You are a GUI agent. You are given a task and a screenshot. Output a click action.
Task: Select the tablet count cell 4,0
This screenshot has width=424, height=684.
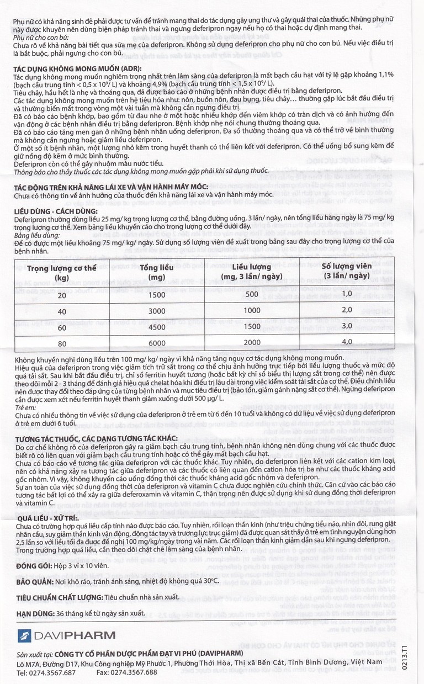346,342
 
